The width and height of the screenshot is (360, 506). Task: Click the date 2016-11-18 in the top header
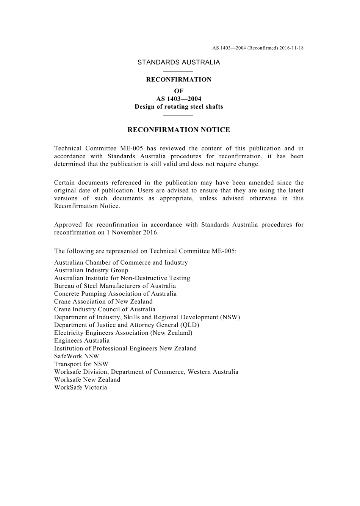pos(292,48)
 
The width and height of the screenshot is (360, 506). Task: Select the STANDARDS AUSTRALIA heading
pos(178,62)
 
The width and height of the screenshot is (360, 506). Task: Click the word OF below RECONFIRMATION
pos(178,91)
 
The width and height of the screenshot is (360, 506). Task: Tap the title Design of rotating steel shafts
pos(178,107)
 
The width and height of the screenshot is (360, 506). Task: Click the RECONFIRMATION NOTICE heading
pos(178,130)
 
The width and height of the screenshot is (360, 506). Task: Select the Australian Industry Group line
pos(91,270)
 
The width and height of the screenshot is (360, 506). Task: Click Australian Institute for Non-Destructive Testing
pos(122,278)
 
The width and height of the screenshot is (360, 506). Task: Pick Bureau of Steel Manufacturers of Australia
pos(115,286)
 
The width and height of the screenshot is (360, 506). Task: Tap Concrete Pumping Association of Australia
pos(115,294)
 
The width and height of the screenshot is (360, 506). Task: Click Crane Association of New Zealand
pos(103,301)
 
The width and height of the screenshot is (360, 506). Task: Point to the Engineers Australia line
pos(81,340)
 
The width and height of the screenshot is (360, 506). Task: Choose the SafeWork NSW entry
pos(76,356)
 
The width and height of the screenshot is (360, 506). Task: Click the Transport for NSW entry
pos(81,364)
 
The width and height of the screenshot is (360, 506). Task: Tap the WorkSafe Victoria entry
pos(80,387)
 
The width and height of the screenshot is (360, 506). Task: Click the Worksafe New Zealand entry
pos(87,379)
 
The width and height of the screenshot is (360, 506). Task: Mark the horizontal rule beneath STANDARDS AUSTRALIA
pos(178,71)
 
